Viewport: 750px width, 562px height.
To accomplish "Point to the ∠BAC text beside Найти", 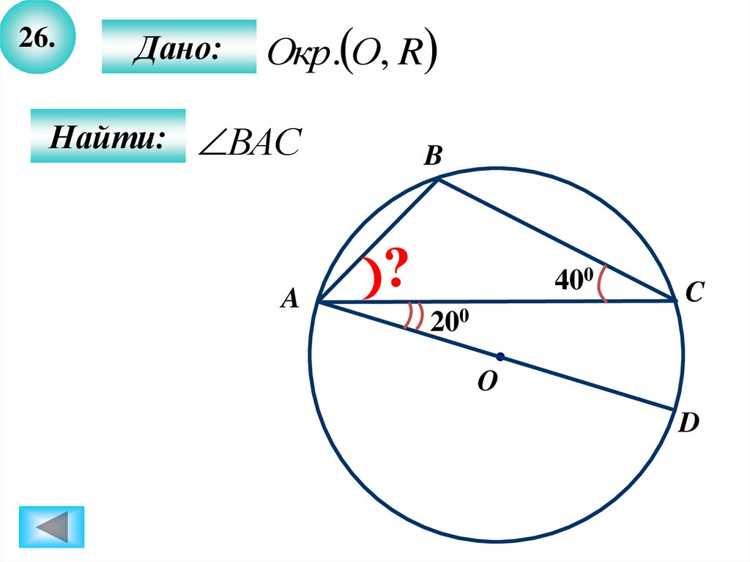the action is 250,142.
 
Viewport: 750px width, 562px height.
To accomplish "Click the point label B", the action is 433,155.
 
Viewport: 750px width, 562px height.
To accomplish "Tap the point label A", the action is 291,298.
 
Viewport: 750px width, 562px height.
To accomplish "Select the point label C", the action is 694,294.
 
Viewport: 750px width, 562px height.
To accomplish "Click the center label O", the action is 487,383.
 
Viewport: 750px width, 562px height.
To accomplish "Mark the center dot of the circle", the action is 500,357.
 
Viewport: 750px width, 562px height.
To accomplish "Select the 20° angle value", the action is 449,322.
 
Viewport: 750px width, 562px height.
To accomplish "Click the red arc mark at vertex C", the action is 603,284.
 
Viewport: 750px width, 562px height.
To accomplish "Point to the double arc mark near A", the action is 415,317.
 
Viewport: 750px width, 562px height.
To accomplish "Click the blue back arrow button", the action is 52,526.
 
